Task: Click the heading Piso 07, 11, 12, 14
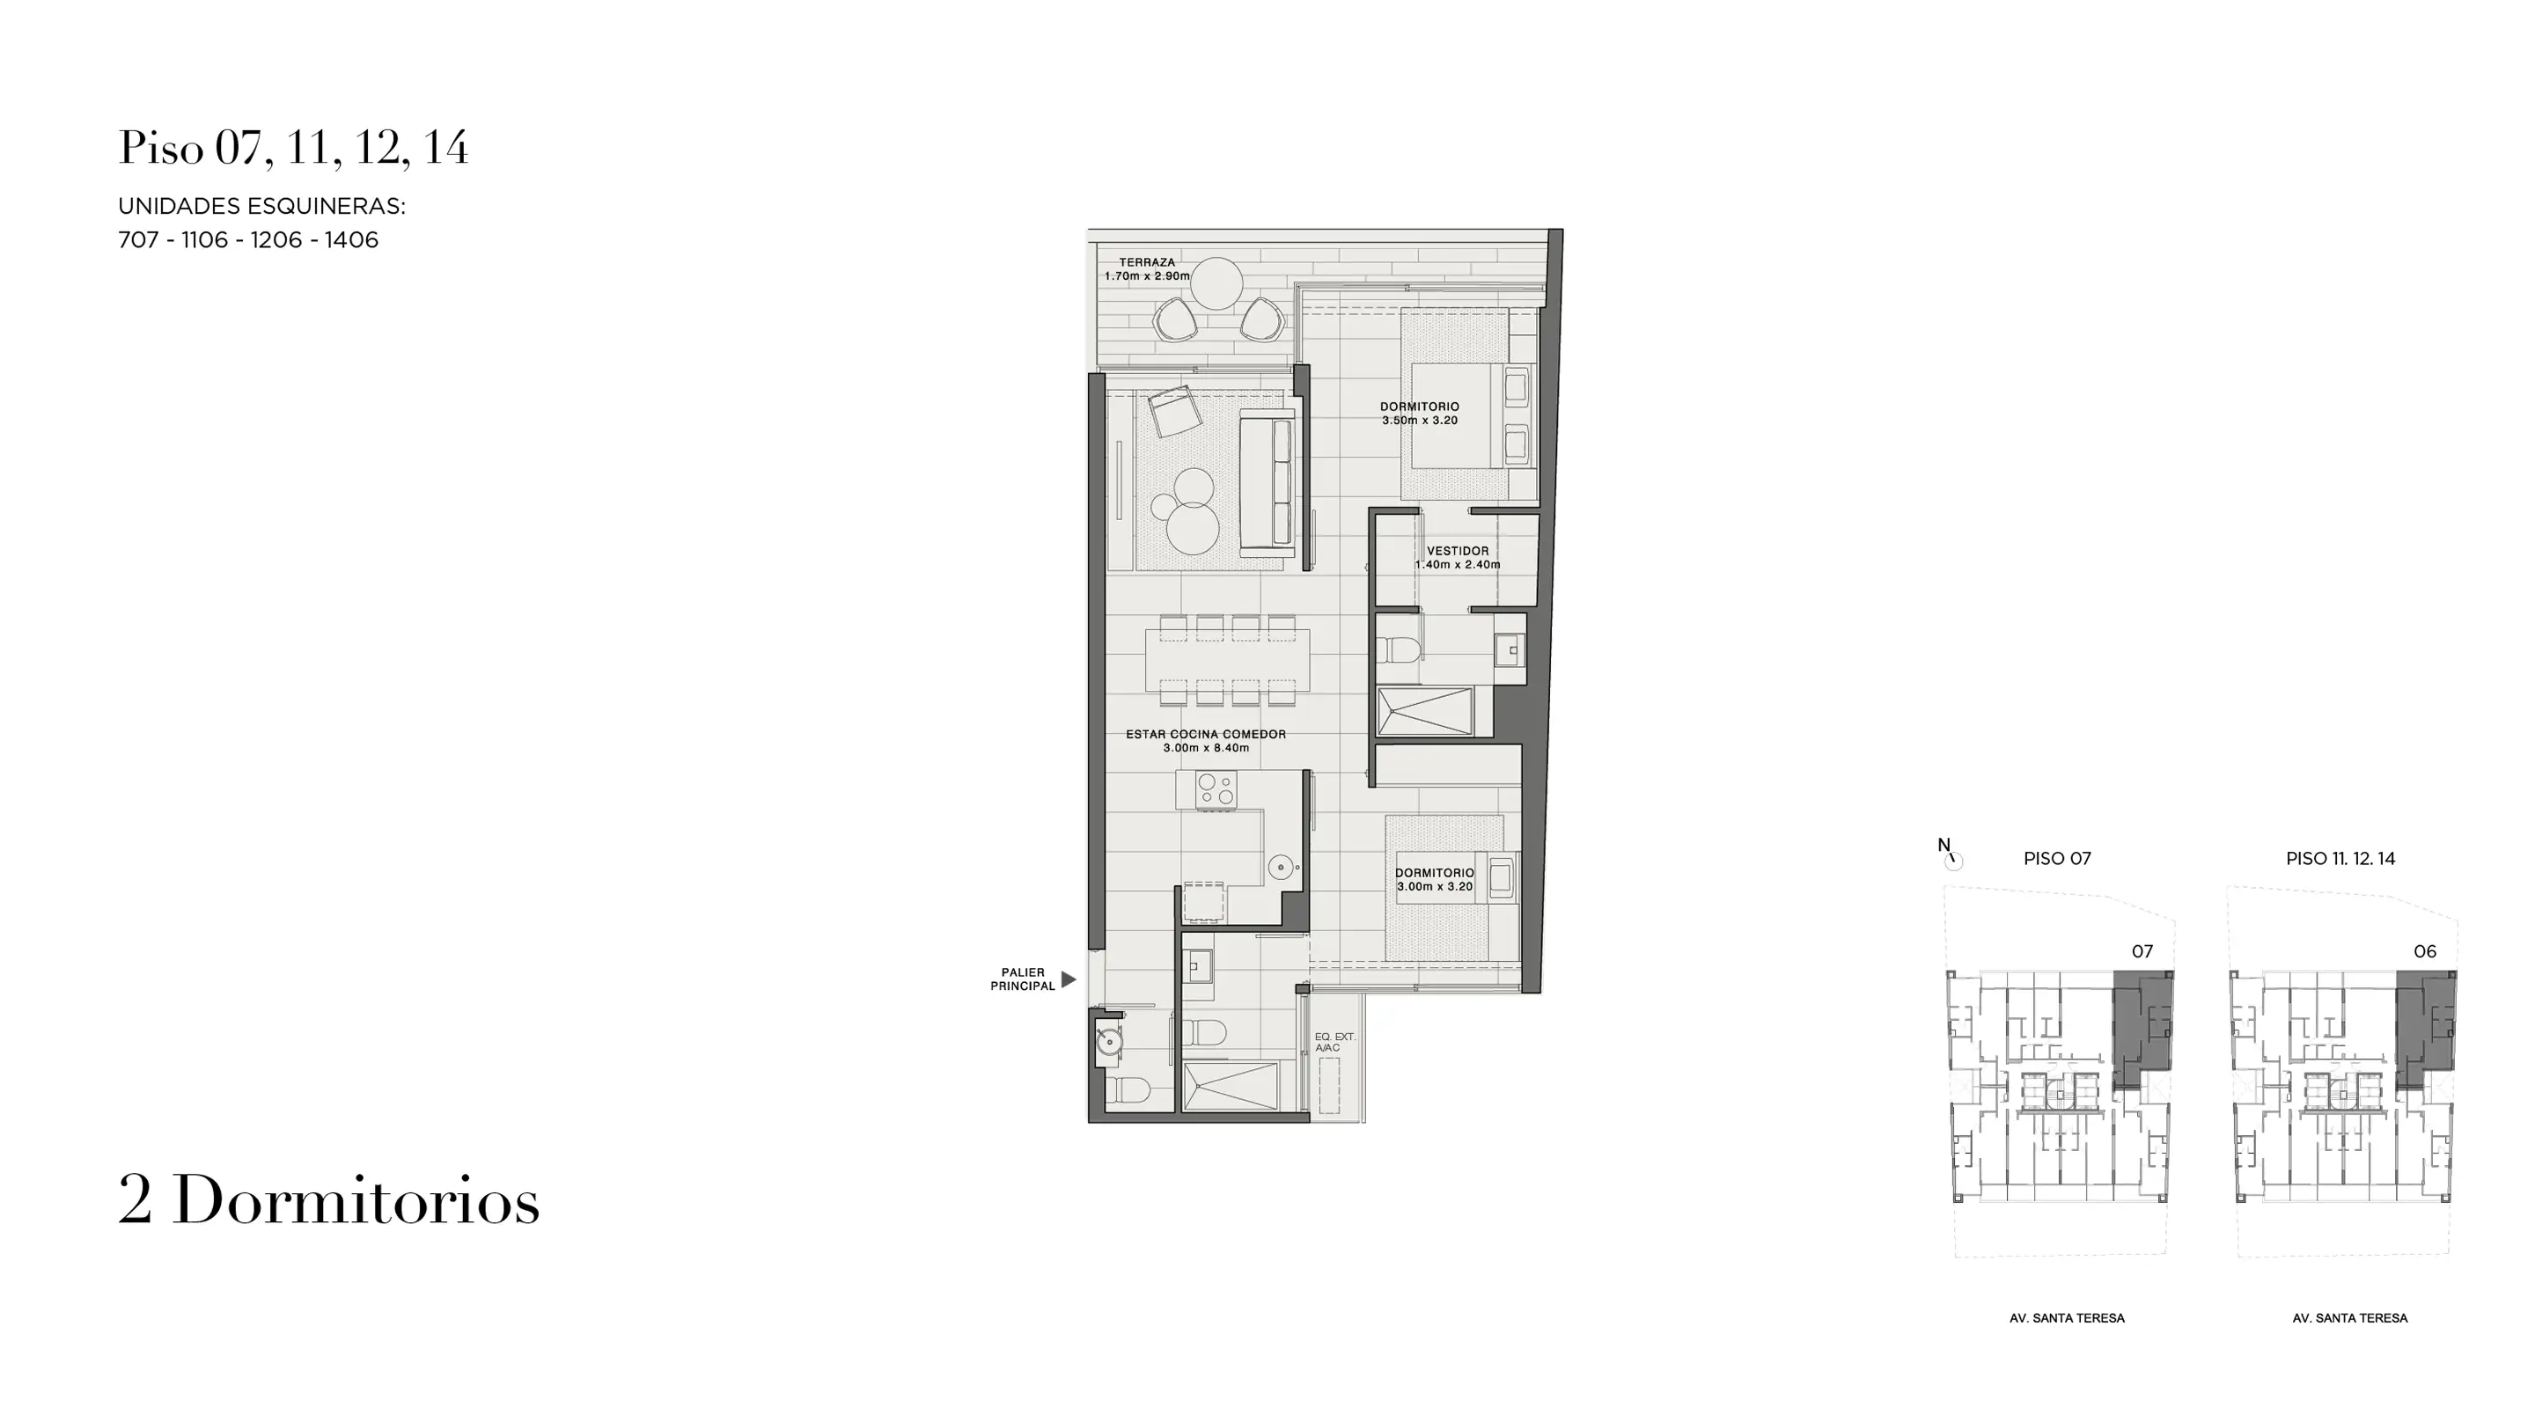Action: (x=293, y=148)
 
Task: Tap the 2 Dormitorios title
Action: (x=328, y=1199)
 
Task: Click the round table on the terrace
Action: (x=1216, y=283)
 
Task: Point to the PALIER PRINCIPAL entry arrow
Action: (x=1068, y=979)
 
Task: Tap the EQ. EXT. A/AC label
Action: (x=1334, y=1042)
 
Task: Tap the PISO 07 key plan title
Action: (x=2057, y=858)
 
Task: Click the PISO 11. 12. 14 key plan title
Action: (x=2340, y=858)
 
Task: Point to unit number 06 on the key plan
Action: (x=2425, y=950)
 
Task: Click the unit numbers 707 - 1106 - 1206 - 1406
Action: (x=248, y=240)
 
